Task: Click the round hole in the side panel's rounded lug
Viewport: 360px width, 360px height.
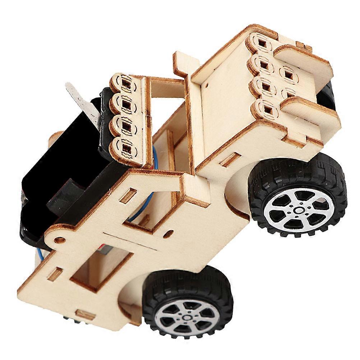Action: coord(59,240)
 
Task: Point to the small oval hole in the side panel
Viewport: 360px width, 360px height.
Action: coord(166,234)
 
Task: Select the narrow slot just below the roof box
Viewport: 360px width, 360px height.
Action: coord(230,159)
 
